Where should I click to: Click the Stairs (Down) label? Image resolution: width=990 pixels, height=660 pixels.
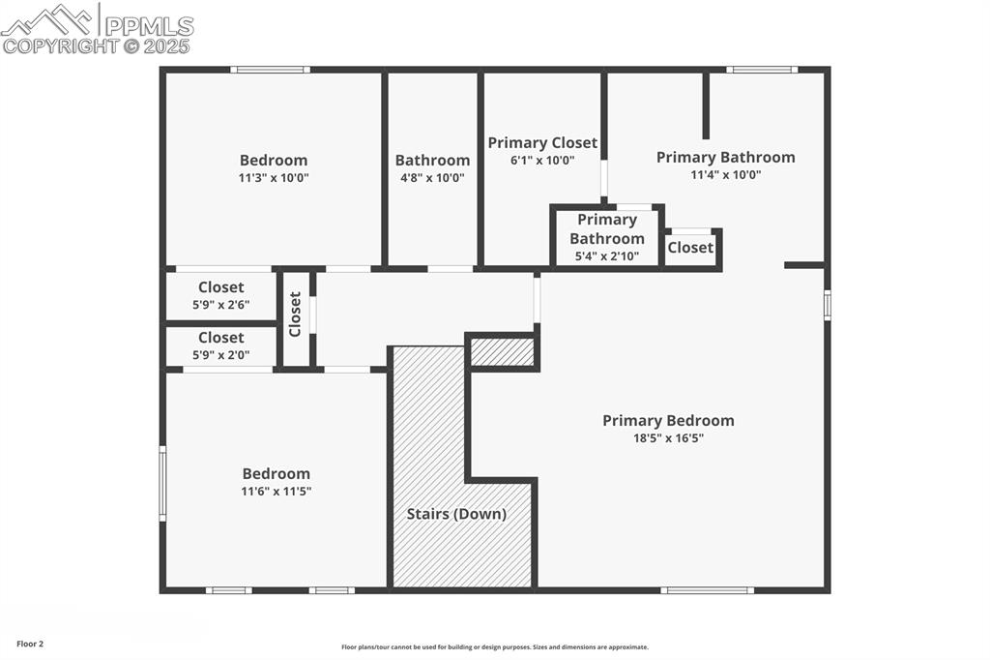coord(456,514)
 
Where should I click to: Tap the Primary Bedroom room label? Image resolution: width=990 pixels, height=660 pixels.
coord(668,420)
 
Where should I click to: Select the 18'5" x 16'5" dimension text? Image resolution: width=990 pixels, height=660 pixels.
coord(668,438)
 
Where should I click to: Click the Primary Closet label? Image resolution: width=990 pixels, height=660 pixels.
coord(542,143)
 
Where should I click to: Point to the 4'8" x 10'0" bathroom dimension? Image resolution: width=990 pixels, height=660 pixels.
coord(432,178)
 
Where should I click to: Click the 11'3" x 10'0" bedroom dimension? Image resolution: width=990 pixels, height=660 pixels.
coord(274,178)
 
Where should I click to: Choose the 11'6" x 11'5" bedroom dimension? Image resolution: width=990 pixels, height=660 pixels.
coord(276,492)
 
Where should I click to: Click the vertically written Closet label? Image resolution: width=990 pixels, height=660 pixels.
coord(296,315)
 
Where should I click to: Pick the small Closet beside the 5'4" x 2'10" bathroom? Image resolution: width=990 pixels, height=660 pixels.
coord(690,248)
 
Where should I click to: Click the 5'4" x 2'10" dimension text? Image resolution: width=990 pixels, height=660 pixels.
coord(606,256)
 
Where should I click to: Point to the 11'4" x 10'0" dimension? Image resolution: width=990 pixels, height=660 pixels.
coord(725,175)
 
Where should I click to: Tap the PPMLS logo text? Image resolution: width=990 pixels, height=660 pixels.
coord(149,26)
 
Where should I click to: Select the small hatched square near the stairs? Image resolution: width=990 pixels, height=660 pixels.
coord(502,352)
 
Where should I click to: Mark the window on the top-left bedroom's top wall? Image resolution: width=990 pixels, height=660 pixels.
coord(270,70)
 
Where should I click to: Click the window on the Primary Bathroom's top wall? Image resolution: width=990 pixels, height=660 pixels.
coord(762,70)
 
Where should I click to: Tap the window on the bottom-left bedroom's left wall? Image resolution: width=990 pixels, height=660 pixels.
coord(162,483)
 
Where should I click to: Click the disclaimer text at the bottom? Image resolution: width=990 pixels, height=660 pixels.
coord(494,647)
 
